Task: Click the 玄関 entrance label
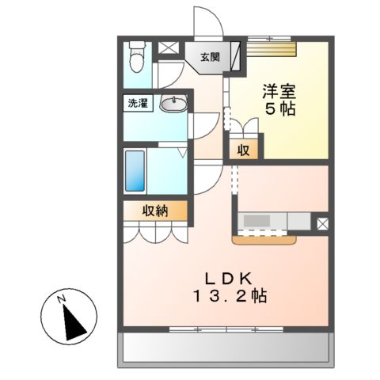tap(210, 57)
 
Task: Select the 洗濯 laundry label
tap(139, 103)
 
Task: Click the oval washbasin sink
tap(173, 103)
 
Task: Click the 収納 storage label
tap(155, 210)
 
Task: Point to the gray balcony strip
tap(224, 348)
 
